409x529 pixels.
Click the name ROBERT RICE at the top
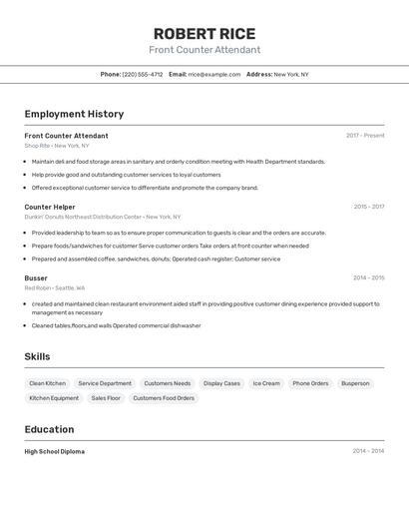pos(204,33)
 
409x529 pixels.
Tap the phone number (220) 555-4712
pos(142,74)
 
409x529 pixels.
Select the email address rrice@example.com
pos(213,74)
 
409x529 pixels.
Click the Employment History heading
pos(74,114)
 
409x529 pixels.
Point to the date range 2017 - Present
pos(365,136)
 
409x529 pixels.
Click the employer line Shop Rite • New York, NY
pos(57,146)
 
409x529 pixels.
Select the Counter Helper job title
pos(50,207)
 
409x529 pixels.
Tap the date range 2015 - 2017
pos(368,207)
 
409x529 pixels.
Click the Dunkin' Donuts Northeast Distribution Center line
pos(103,217)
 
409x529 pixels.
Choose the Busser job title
pos(36,277)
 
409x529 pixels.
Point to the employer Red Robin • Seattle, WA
pos(55,287)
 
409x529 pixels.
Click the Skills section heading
pos(37,356)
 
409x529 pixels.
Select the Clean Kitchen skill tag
pos(48,383)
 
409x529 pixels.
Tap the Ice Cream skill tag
pos(265,383)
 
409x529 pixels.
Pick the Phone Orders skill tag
pos(310,383)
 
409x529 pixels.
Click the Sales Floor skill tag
pos(106,398)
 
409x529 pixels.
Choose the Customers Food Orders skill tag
pos(165,398)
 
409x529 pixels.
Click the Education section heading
pos(49,429)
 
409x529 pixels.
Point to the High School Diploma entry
pos(54,451)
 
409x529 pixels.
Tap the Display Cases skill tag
pos(221,383)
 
